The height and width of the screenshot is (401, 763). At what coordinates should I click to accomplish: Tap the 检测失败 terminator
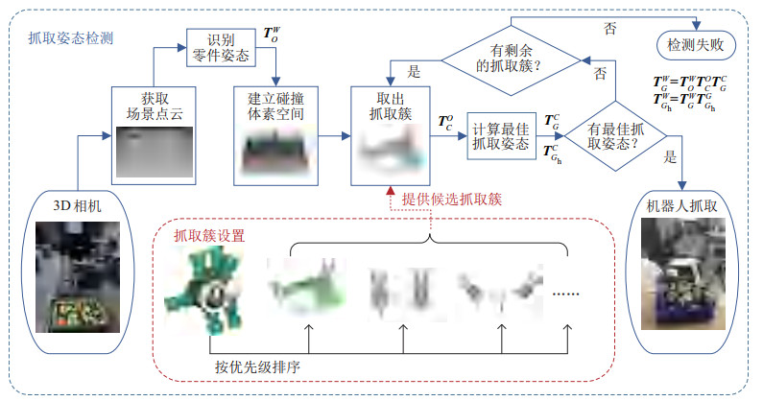(x=694, y=44)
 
